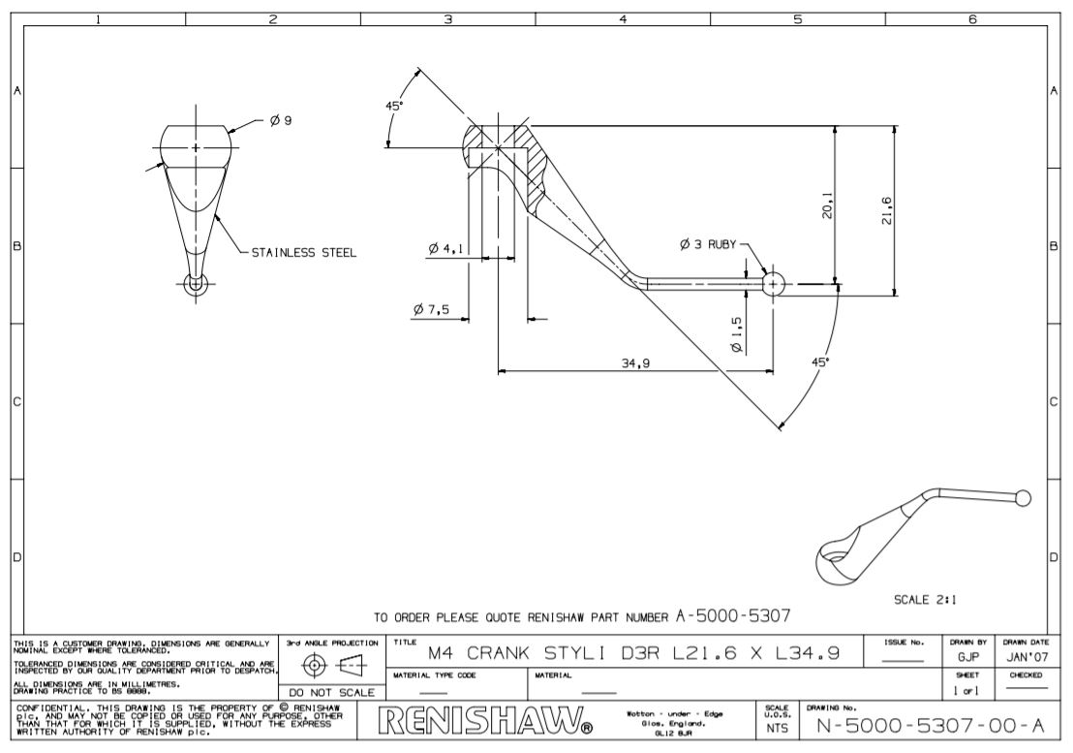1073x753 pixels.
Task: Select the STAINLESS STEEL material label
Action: pos(304,253)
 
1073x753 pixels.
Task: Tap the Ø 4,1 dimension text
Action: pos(445,249)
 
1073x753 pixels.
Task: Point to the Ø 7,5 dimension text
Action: pos(431,309)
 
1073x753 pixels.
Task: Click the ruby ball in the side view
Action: pos(773,283)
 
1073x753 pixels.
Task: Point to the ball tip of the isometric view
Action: pos(1021,498)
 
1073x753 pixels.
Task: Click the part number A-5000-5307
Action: pos(735,614)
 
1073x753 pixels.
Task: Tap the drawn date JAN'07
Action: pos(1024,656)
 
